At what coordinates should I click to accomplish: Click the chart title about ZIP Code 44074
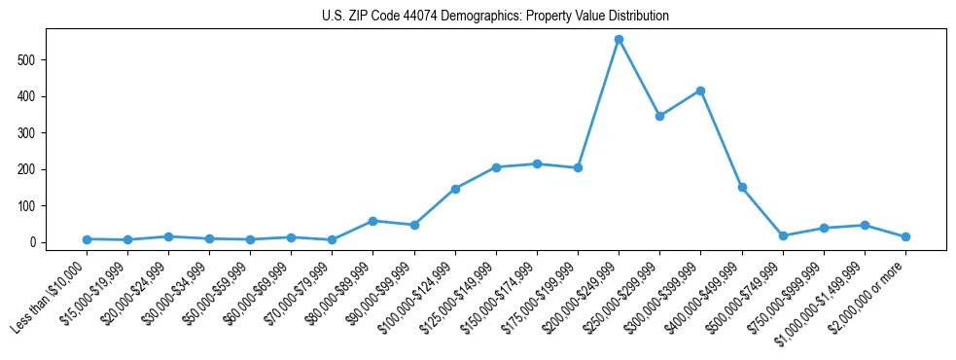click(x=495, y=17)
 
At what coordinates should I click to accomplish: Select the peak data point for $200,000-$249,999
click(x=619, y=40)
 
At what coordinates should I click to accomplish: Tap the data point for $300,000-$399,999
click(x=700, y=90)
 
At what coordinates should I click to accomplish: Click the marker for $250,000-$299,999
click(x=659, y=116)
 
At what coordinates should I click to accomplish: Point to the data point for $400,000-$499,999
click(x=742, y=187)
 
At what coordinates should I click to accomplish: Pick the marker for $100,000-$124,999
click(x=455, y=189)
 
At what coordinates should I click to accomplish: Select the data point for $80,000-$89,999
click(x=373, y=221)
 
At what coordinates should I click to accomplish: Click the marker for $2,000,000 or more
click(x=905, y=236)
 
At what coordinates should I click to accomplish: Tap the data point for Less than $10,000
click(x=87, y=239)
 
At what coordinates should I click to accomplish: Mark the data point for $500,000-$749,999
click(x=783, y=235)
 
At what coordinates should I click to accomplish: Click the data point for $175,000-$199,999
click(x=578, y=168)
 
